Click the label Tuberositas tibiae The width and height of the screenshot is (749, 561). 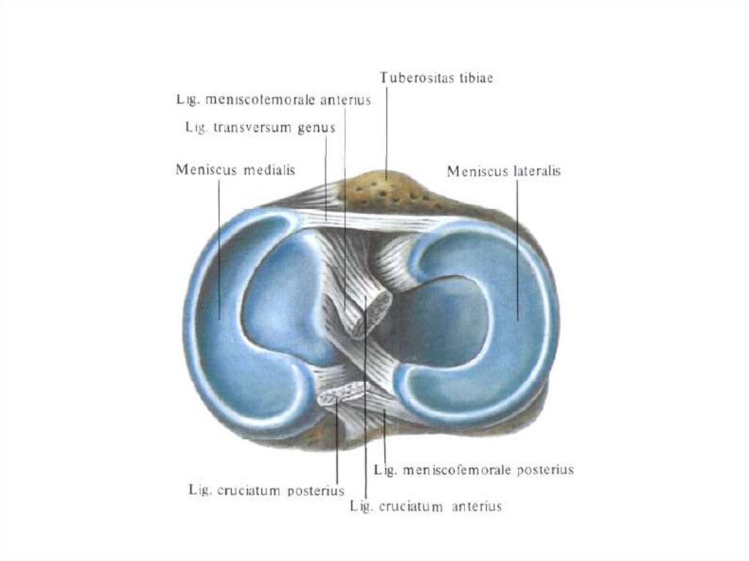[x=436, y=77]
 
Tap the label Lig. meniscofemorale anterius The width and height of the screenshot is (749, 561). [x=273, y=98]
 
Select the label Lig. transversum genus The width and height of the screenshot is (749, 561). [x=260, y=127]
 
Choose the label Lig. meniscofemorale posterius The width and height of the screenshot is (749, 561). [x=473, y=470]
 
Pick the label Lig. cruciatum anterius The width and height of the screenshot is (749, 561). [x=426, y=506]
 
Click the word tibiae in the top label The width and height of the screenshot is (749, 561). [x=473, y=77]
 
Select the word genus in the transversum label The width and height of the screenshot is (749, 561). [x=316, y=127]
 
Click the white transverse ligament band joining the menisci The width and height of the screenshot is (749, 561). [x=366, y=219]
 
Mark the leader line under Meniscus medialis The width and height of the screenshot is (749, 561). [x=219, y=249]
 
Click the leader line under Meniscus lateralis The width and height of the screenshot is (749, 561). [x=518, y=249]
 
